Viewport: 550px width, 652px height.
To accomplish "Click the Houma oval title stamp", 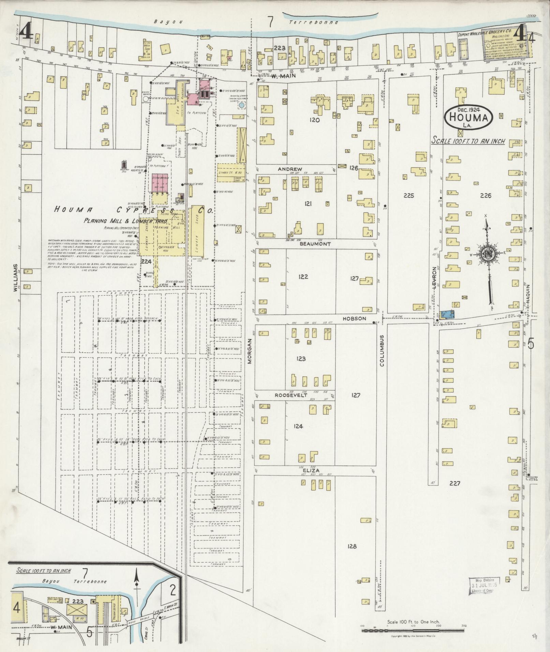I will pyautogui.click(x=469, y=117).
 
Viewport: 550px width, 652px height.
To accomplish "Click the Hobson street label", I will pyautogui.click(x=355, y=318).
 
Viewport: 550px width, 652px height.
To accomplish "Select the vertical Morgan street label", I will pyautogui.click(x=249, y=351).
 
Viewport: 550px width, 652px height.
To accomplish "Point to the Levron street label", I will pyautogui.click(x=434, y=278).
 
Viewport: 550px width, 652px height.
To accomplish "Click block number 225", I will pyautogui.click(x=408, y=196).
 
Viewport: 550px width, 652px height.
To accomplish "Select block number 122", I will pyautogui.click(x=303, y=276).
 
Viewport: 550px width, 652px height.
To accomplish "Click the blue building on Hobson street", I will pyautogui.click(x=447, y=315).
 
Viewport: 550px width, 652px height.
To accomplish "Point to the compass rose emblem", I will pyautogui.click(x=488, y=254).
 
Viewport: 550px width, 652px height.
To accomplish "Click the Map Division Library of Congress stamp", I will pyautogui.click(x=484, y=585).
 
